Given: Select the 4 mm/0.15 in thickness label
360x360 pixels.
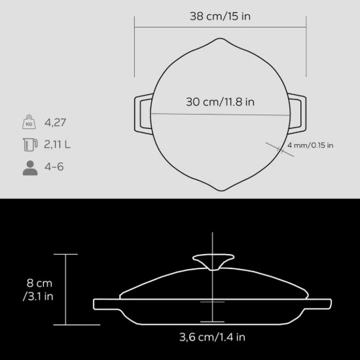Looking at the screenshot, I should pyautogui.click(x=310, y=145).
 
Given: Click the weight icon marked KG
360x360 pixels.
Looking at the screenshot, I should pyautogui.click(x=29, y=122).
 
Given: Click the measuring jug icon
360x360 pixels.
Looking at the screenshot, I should pyautogui.click(x=29, y=144).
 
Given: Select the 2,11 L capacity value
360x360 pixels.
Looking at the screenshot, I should pyautogui.click(x=58, y=144).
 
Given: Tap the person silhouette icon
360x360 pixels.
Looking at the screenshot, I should pyautogui.click(x=29, y=167).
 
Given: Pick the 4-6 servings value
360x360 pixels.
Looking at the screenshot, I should pyautogui.click(x=54, y=167).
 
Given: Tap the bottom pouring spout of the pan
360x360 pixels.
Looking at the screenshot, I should pyautogui.click(x=220, y=184).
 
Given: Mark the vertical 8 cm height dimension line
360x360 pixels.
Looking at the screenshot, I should pyautogui.click(x=65, y=289).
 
